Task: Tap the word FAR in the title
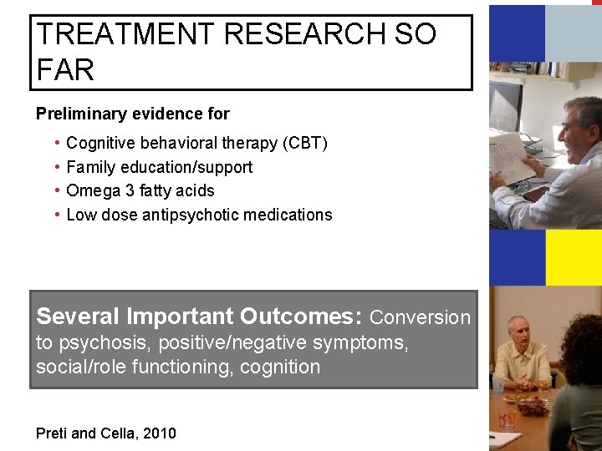coord(66,70)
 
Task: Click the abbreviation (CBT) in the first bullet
coord(305,144)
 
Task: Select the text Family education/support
coord(159,167)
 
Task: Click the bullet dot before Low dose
coord(55,215)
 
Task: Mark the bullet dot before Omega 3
coord(55,190)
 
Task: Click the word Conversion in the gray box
coord(421,317)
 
